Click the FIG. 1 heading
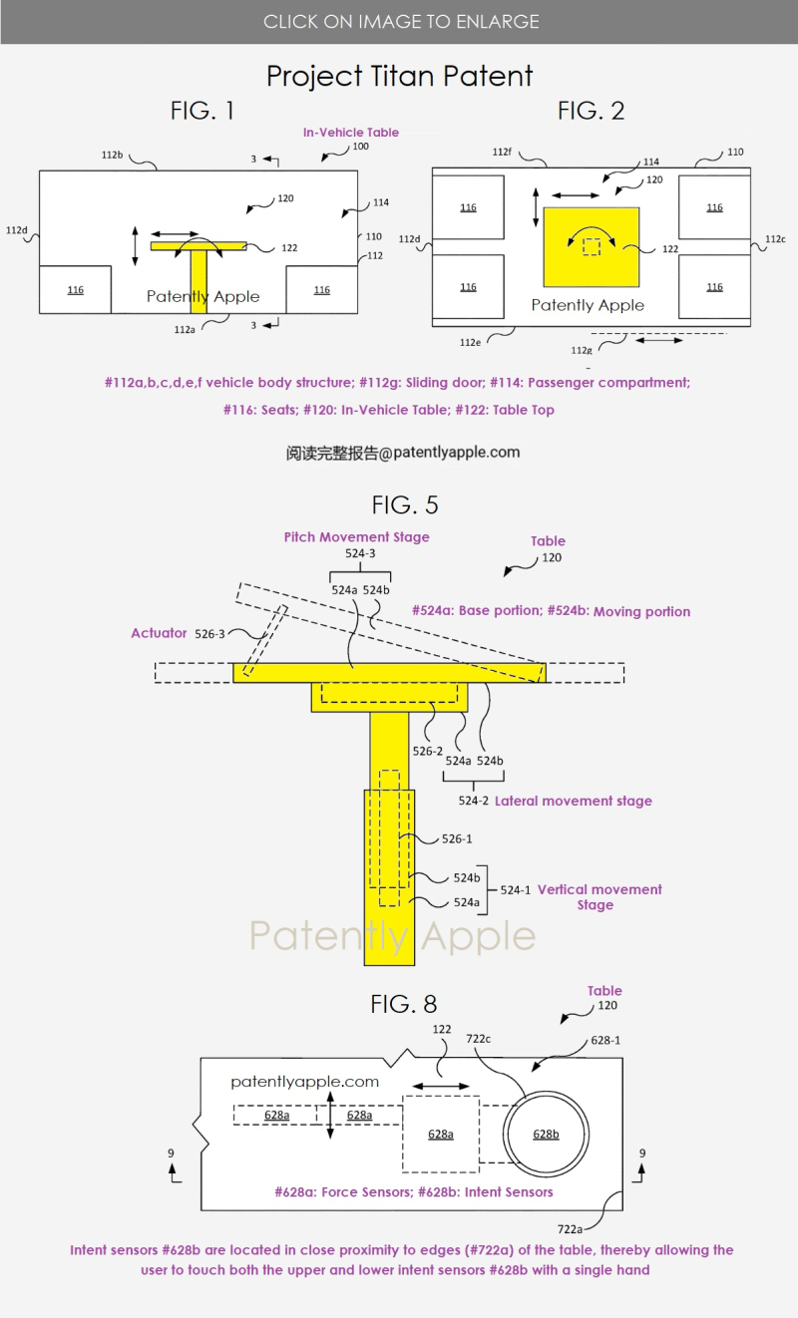(202, 111)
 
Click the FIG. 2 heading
(591, 111)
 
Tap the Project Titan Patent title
(400, 77)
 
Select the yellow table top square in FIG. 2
(592, 247)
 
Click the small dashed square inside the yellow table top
(592, 246)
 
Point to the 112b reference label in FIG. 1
(112, 155)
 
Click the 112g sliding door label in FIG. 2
(582, 350)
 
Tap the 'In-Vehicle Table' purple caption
(351, 133)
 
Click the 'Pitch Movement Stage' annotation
(357, 536)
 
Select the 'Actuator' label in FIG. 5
(159, 633)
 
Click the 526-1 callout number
(457, 838)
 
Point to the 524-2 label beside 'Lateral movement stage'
(473, 801)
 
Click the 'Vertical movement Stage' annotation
(599, 896)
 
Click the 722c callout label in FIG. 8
(478, 1039)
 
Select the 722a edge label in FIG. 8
(570, 1228)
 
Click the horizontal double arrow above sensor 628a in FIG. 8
(441, 1086)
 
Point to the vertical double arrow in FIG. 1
(136, 246)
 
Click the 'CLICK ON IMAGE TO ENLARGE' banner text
(401, 22)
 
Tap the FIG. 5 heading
(405, 504)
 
